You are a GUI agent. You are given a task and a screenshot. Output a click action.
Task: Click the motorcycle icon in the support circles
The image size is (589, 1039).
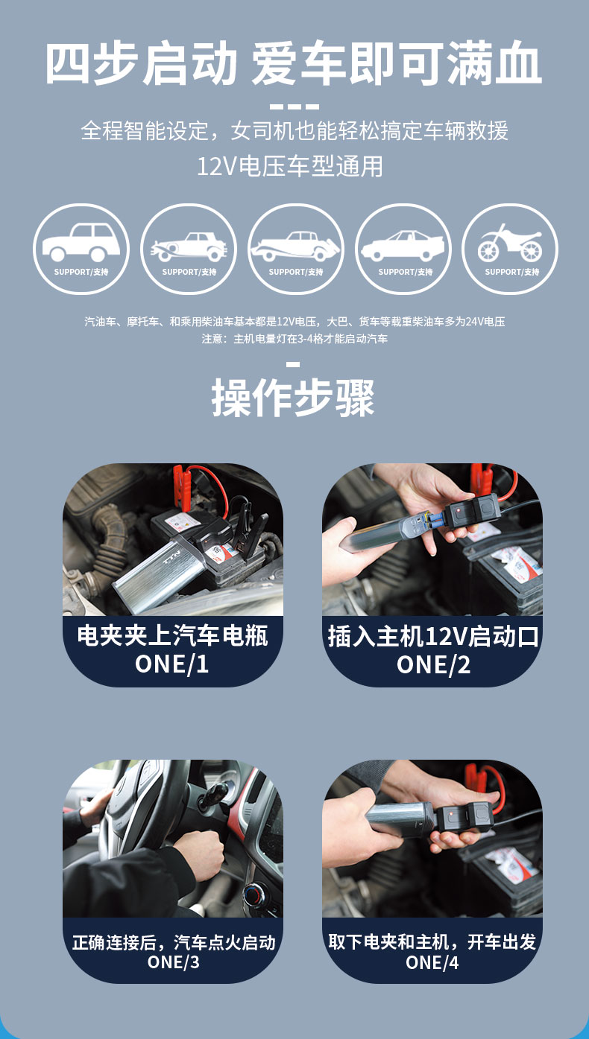510,243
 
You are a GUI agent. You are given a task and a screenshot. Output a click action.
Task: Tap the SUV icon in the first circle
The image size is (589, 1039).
81,242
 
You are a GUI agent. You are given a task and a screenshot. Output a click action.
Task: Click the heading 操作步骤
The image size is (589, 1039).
293,397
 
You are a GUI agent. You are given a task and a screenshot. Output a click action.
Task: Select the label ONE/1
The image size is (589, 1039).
171,664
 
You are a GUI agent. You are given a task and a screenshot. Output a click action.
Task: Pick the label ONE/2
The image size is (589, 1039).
433,664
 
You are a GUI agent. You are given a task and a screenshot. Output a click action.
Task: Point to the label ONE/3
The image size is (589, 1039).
173,962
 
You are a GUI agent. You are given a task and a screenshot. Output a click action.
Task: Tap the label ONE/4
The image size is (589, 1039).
432,962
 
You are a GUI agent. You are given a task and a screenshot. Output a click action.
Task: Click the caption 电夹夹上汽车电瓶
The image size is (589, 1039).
172,635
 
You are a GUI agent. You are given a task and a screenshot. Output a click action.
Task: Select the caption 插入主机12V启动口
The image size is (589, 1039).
433,636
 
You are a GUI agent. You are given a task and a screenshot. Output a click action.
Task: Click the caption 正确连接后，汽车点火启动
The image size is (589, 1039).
174,942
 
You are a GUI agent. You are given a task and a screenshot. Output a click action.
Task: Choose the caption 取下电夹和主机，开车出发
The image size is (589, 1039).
432,941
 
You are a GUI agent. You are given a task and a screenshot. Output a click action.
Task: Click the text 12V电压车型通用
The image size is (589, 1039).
290,167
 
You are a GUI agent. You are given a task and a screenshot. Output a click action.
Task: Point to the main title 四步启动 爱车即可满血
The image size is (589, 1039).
294,63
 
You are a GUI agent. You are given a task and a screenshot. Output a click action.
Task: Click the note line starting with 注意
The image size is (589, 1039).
294,339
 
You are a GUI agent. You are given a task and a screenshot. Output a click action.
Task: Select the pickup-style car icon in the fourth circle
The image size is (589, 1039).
403,245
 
